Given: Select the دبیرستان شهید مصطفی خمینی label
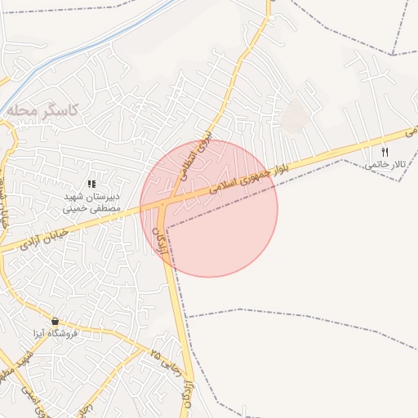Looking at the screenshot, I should [91, 202].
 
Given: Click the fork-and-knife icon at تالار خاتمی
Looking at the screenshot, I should [385, 152].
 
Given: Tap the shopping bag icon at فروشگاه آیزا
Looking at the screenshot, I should [55, 321].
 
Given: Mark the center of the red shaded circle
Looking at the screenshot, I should [209, 208].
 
